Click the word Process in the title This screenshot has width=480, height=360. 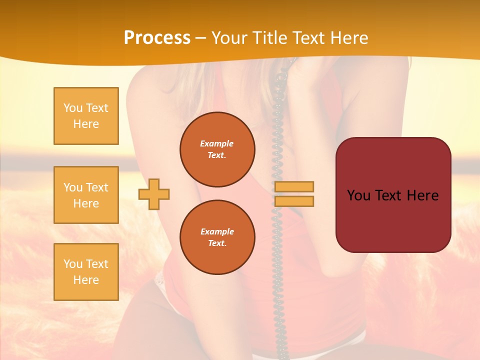click(x=157, y=38)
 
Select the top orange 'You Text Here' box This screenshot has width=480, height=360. click(x=86, y=116)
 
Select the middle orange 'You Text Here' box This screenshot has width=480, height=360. click(x=86, y=195)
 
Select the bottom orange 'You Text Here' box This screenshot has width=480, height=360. click(x=86, y=272)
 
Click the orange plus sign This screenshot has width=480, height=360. click(x=154, y=194)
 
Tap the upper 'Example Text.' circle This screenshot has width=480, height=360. click(x=217, y=149)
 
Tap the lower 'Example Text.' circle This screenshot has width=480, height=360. click(x=217, y=237)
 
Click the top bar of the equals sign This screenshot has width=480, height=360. click(x=294, y=186)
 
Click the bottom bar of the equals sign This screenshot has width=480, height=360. click(x=294, y=201)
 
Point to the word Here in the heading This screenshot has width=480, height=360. click(x=348, y=38)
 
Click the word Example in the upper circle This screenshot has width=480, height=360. click(x=217, y=143)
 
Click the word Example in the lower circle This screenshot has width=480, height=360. click(x=217, y=231)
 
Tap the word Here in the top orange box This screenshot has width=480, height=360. click(x=86, y=124)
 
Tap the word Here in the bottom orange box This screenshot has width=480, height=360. click(x=86, y=280)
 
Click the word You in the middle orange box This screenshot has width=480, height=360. click(x=72, y=187)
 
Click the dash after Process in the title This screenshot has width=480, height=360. click(x=200, y=38)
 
